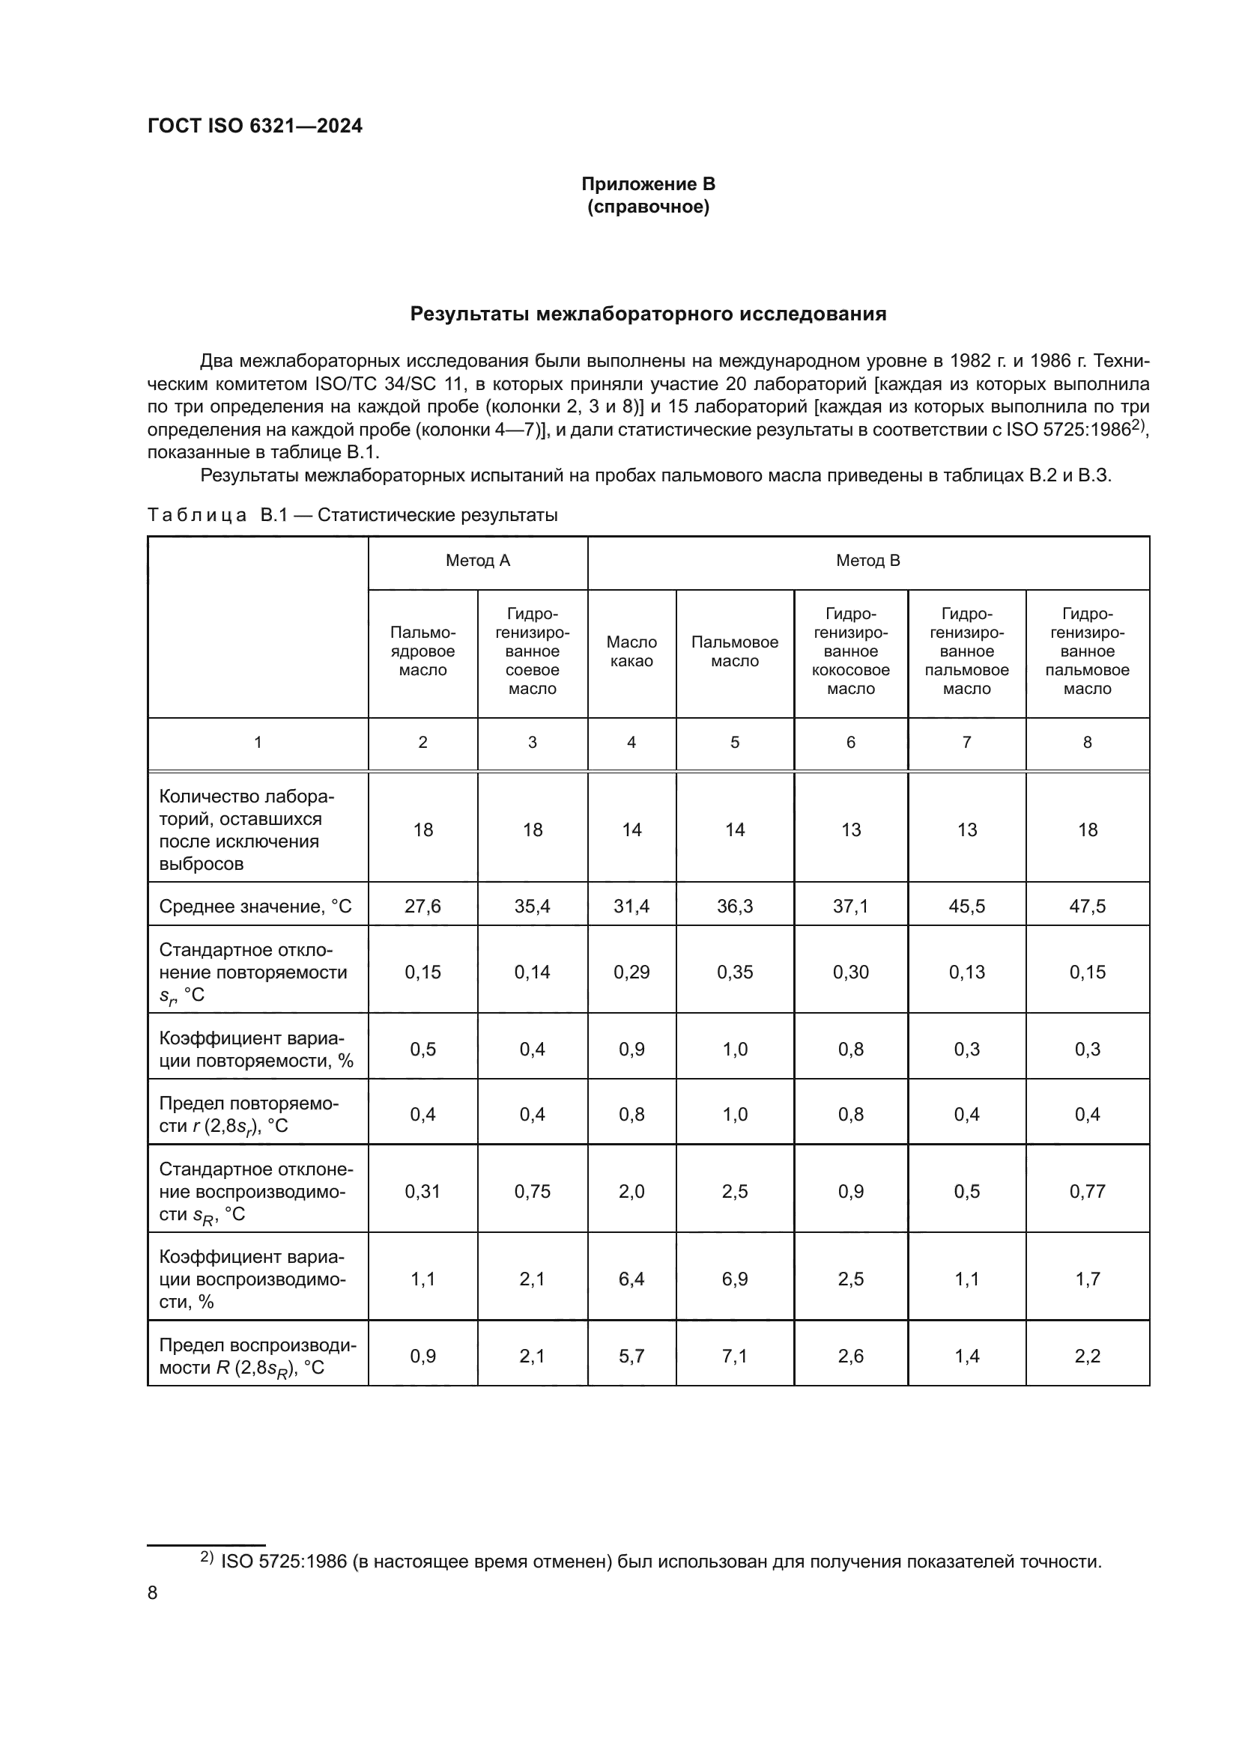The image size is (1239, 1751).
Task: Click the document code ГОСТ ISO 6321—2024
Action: click(255, 126)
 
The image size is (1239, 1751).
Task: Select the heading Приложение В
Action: click(648, 184)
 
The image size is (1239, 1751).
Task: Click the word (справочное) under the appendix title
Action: click(648, 207)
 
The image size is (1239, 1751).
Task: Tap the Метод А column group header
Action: click(478, 561)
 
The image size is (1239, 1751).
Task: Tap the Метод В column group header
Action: click(867, 561)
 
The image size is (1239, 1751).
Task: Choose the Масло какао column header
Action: click(631, 651)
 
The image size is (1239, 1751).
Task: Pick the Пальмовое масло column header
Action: click(734, 651)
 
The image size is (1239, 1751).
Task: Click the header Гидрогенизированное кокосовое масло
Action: click(851, 651)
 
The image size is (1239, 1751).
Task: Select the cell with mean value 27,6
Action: click(422, 906)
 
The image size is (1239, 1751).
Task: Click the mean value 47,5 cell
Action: click(1086, 906)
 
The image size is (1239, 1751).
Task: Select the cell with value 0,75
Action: click(532, 1191)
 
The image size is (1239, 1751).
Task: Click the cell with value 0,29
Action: click(631, 972)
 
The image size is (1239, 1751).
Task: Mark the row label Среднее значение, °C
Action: click(255, 906)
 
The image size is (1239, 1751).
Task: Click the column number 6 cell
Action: click(851, 742)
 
